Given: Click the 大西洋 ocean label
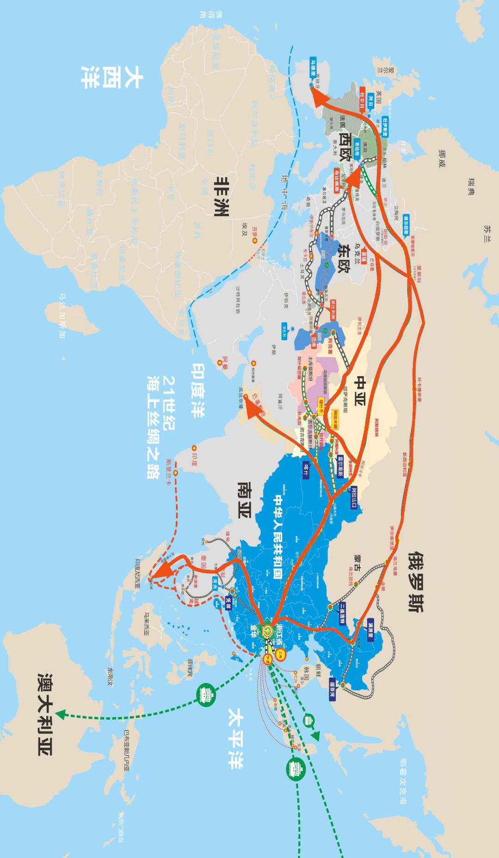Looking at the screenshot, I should [x=111, y=76].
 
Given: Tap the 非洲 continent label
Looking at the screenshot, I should [x=224, y=196].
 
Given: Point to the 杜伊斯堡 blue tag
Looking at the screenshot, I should [x=385, y=126].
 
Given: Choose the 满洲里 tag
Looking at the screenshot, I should [x=370, y=628].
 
